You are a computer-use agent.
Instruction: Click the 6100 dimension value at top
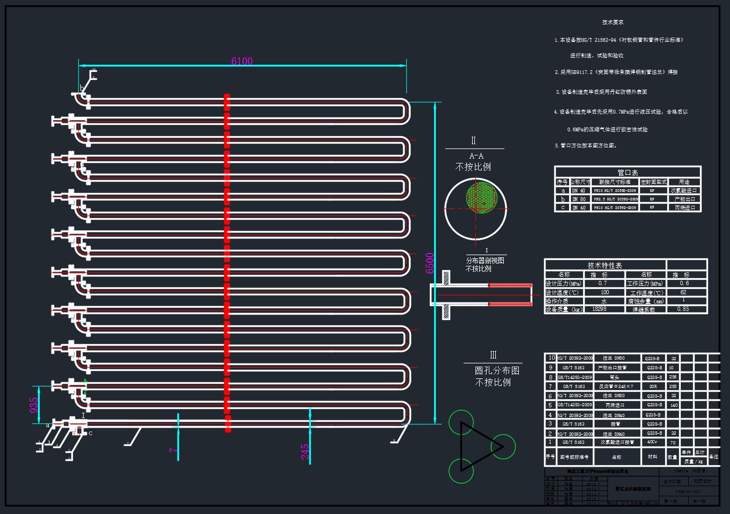242,61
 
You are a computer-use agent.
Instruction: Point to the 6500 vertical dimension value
430,263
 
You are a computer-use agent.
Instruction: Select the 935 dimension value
34,405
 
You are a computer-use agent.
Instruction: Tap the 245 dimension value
305,452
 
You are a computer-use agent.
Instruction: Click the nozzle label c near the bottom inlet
91,433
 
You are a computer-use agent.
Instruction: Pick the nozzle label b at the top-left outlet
82,88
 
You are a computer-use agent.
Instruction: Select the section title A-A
476,156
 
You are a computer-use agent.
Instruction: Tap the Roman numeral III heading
493,355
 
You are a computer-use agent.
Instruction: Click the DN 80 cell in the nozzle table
579,199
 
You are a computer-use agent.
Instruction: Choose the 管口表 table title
628,173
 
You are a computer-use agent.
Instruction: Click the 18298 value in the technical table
599,309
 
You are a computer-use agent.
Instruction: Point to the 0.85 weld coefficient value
683,309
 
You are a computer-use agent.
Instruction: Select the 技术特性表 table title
605,265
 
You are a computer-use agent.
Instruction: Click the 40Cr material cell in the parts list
652,442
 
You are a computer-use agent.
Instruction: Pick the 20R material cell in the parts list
652,386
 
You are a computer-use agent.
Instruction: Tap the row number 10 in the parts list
551,358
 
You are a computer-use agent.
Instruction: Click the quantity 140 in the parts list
674,405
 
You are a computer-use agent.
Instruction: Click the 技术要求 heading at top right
613,23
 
